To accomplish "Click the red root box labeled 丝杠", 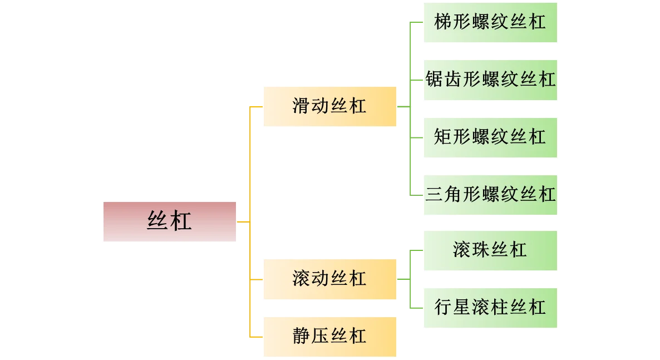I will point(171,222).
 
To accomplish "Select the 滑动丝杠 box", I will point(331,107).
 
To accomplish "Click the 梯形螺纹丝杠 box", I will point(491,23).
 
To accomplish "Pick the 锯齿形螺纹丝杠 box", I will point(491,80).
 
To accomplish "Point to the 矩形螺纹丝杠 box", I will point(491,137).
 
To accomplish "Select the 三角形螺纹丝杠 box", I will point(491,195).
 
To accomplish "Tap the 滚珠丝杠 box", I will point(491,250).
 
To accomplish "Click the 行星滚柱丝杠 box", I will point(491,308).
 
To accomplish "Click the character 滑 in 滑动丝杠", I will point(302,106).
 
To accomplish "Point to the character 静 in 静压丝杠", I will point(302,337).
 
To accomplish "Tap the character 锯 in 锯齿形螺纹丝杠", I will point(435,80).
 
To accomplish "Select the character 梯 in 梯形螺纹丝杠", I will point(444,22).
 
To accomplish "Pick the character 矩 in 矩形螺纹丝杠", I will point(444,137).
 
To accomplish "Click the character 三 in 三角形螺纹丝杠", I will point(435,195).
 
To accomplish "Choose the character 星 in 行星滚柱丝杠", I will point(462,307).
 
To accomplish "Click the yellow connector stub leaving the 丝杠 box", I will point(244,221).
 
